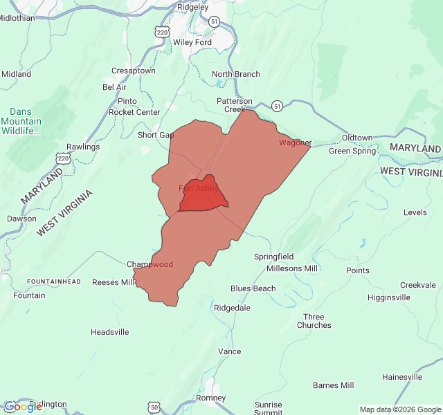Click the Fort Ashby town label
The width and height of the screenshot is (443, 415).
coord(198,188)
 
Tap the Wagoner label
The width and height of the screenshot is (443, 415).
coord(295,143)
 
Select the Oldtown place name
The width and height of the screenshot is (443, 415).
coord(357,138)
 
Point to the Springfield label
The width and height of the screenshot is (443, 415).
coord(273,257)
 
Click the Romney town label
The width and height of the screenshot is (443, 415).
coord(211,398)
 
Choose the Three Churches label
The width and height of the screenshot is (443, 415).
coord(314,321)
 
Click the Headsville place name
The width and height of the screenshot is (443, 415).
coord(110,332)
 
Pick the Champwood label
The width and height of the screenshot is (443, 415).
coord(150,264)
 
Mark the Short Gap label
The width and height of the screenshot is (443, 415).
coord(156,135)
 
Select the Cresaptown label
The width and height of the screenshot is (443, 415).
coord(134,71)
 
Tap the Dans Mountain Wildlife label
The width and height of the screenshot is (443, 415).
coord(26,121)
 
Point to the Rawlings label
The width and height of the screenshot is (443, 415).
coord(83,147)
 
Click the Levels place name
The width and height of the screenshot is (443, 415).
coord(415,212)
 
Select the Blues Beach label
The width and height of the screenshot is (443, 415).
coord(253,288)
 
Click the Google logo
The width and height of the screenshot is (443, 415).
coord(23,407)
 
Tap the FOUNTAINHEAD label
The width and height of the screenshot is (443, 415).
coord(54,282)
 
